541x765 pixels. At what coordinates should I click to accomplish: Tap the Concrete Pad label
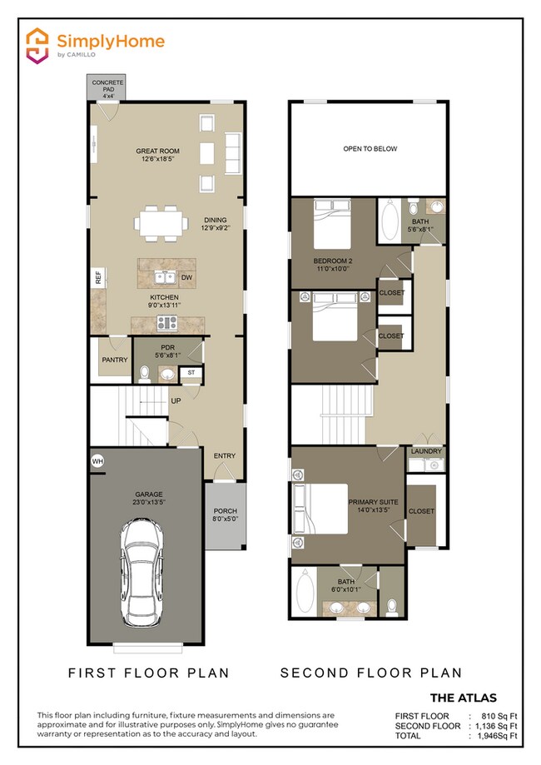pyautogui.click(x=107, y=89)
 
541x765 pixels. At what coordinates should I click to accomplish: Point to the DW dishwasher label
pyautogui.click(x=187, y=278)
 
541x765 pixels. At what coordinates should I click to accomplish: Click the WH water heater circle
pyautogui.click(x=97, y=460)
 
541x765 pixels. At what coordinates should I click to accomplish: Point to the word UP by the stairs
pyautogui.click(x=176, y=401)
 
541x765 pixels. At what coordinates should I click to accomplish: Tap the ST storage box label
pyautogui.click(x=191, y=372)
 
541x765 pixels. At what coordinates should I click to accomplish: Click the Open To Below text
pyautogui.click(x=370, y=149)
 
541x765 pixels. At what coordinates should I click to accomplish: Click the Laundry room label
pyautogui.click(x=426, y=451)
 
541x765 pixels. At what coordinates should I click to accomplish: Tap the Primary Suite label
pyautogui.click(x=373, y=507)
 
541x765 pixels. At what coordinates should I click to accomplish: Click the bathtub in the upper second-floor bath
pyautogui.click(x=390, y=221)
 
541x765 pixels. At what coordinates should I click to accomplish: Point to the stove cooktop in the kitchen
pyautogui.click(x=168, y=323)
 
